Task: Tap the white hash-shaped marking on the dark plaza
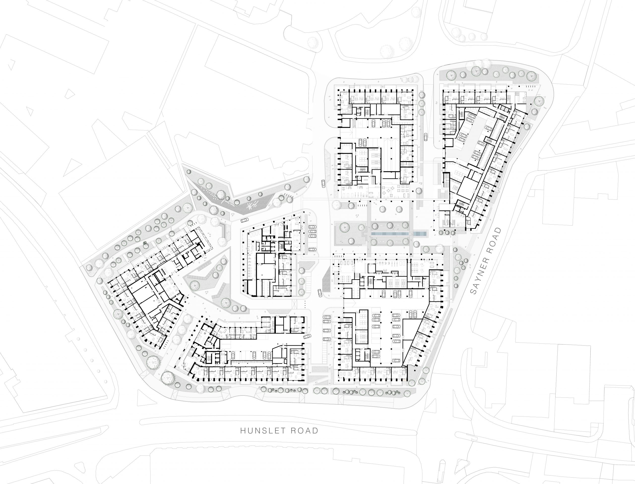click(x=253, y=205)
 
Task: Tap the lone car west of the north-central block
click(x=323, y=183)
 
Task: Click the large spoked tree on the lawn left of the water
click(x=345, y=227)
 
